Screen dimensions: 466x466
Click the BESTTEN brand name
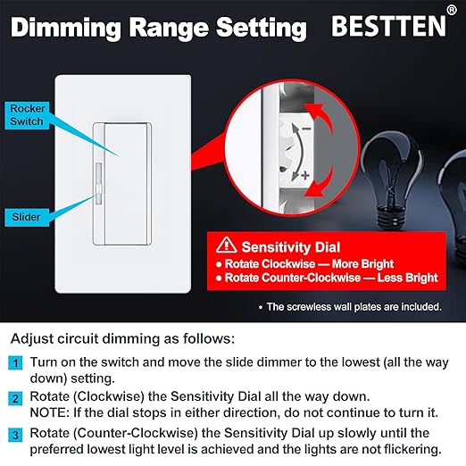click(386, 26)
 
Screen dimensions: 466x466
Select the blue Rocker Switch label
click(28, 114)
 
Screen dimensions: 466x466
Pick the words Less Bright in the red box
click(404, 278)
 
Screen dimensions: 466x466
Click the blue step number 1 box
click(16, 362)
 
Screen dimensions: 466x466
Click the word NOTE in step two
click(50, 414)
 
